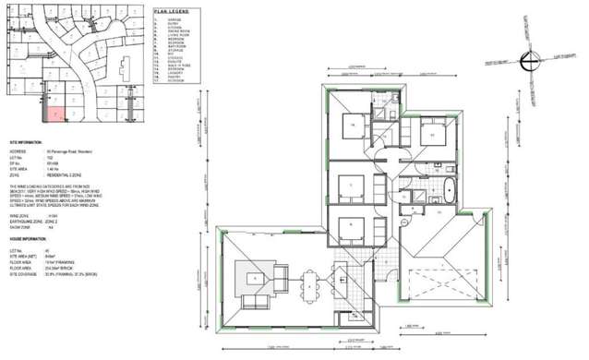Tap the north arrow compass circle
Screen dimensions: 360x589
pyautogui.click(x=525, y=61)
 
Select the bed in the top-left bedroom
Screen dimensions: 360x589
pyautogui.click(x=355, y=126)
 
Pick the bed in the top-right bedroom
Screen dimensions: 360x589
pyautogui.click(x=428, y=136)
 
